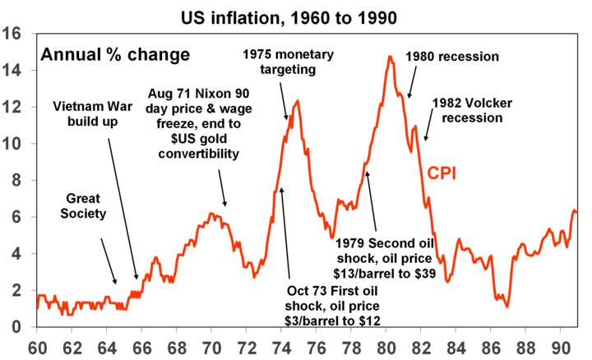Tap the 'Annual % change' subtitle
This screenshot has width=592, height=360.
115,55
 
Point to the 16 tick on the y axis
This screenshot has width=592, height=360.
15,35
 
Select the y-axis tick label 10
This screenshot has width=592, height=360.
15,144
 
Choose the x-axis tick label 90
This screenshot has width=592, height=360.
564,345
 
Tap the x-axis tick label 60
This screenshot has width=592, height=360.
36,345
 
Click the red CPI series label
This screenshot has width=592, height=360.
442,173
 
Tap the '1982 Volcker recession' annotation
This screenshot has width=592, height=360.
468,109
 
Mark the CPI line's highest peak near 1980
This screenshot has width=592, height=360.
389,57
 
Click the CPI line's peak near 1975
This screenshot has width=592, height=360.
297,101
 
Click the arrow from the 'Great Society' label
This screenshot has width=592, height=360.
109,262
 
